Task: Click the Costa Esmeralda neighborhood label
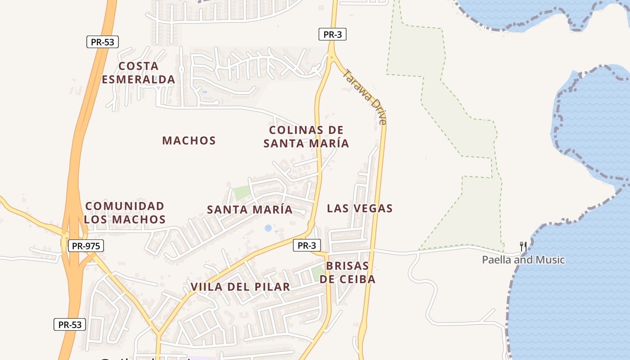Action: click(x=138, y=73)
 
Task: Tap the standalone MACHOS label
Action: click(x=189, y=140)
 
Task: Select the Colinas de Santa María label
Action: click(x=306, y=137)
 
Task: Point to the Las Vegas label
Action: click(x=360, y=208)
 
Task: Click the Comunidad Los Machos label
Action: click(x=125, y=212)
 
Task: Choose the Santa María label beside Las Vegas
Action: click(x=250, y=209)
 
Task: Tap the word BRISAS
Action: click(x=347, y=265)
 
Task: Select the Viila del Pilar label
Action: click(x=240, y=287)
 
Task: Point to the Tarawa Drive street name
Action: click(x=364, y=96)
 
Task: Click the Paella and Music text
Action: click(x=523, y=260)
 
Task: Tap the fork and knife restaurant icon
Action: click(x=523, y=247)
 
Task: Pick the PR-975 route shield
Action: click(x=86, y=246)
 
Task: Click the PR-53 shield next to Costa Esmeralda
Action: click(x=103, y=42)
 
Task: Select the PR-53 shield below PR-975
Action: click(x=70, y=324)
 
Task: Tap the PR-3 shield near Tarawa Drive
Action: click(x=333, y=34)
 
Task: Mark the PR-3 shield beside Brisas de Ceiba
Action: click(x=307, y=245)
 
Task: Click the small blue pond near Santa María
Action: click(x=268, y=228)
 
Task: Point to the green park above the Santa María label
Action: click(x=241, y=193)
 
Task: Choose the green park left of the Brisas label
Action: click(x=317, y=272)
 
